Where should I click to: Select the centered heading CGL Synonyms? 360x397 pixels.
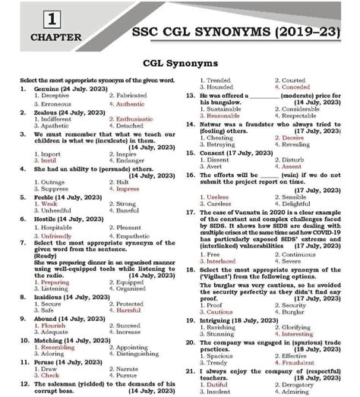click(x=180, y=64)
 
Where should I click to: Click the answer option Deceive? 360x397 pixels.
click(x=295, y=138)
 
